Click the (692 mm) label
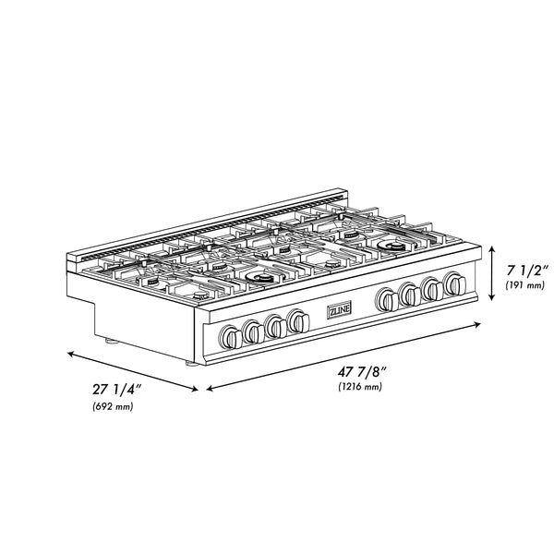click(x=113, y=406)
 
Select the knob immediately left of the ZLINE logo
click(x=296, y=320)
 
